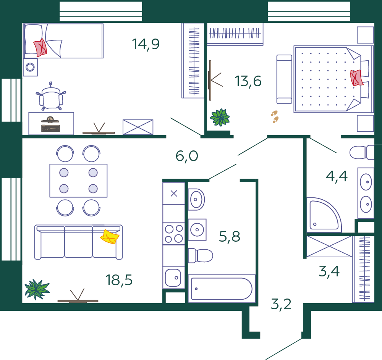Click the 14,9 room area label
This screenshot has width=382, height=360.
(146, 44)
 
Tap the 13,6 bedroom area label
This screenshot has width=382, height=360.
(248, 81)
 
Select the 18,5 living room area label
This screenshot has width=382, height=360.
(119, 280)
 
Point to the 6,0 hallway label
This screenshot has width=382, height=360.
(187, 156)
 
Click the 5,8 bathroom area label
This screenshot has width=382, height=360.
(230, 236)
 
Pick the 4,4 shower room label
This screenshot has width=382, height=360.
(337, 176)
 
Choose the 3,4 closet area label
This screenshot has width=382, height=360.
(329, 271)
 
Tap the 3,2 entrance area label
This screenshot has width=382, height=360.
(281, 304)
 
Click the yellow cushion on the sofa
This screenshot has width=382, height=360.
(110, 237)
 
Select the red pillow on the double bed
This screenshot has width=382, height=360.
(356, 78)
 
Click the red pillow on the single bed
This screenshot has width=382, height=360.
(40, 48)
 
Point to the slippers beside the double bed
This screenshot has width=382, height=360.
(275, 116)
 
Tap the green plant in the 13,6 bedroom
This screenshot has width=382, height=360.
(220, 118)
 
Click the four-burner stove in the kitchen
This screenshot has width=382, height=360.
(174, 234)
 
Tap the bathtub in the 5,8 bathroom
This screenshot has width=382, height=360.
(222, 289)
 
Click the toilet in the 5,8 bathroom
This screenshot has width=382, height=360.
(200, 255)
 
